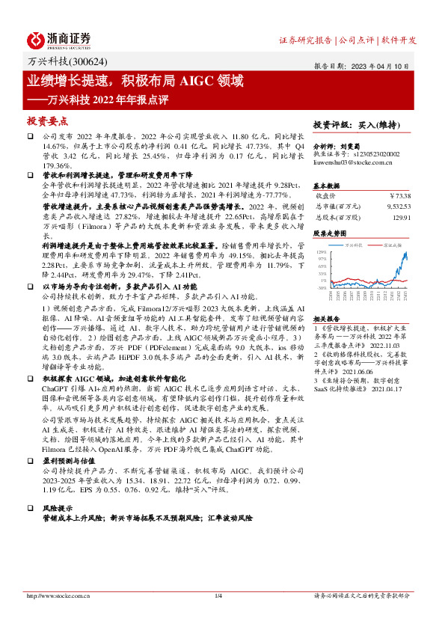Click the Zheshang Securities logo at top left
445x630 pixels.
60,40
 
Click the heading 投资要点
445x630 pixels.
49,120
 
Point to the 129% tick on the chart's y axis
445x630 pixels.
322,253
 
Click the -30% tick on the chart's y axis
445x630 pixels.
322,287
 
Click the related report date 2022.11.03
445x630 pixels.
380,346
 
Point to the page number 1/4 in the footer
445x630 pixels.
219,596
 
